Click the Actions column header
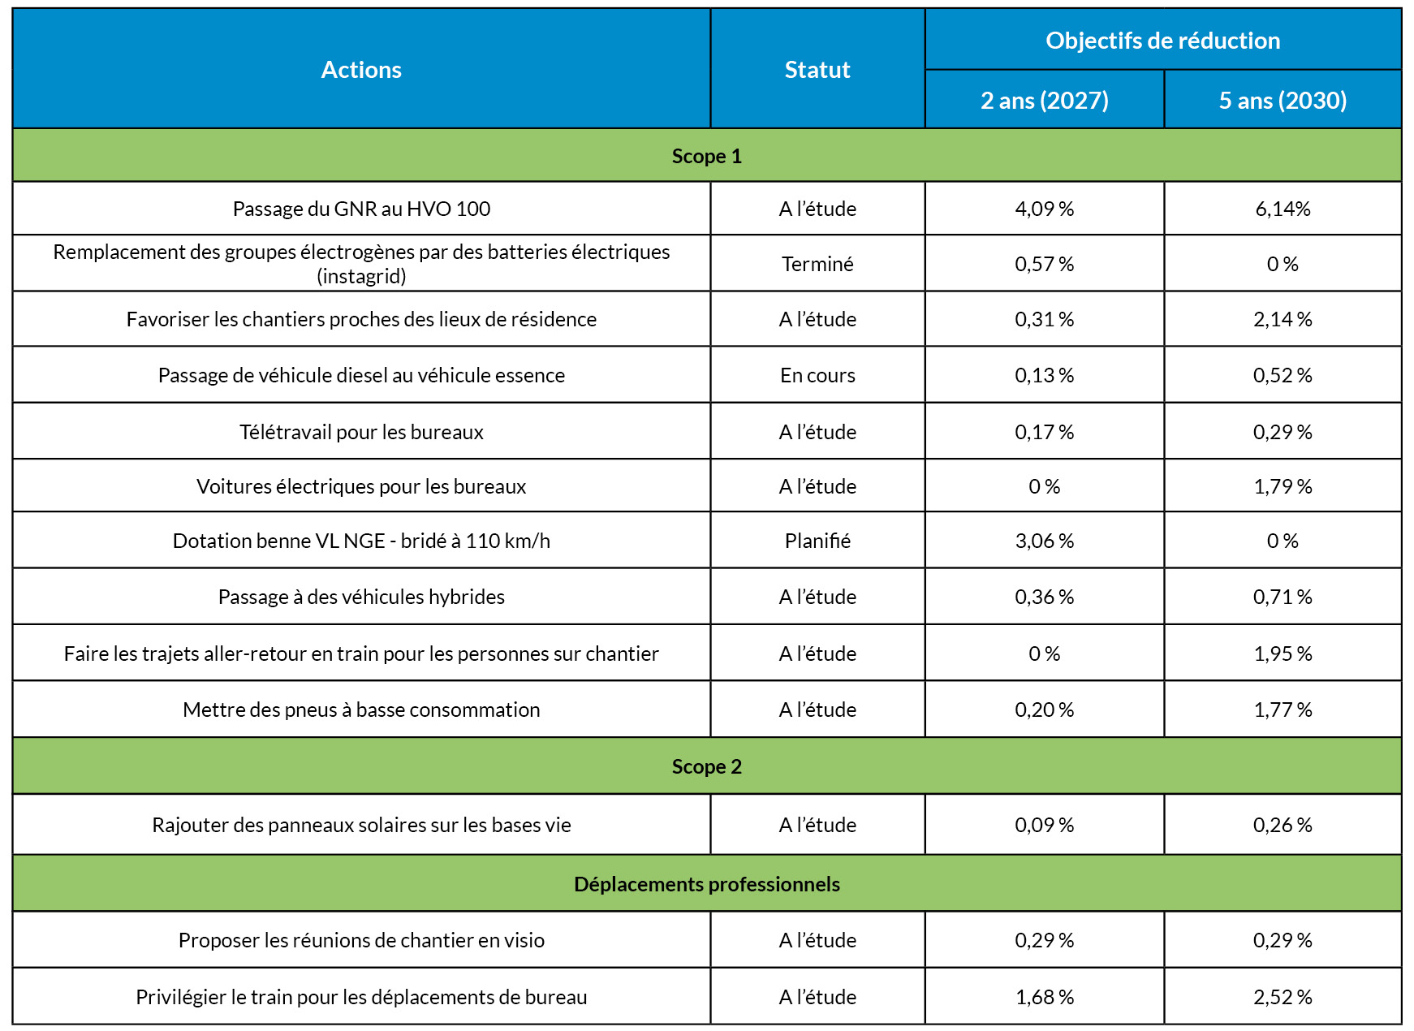click(x=361, y=70)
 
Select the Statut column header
click(x=817, y=70)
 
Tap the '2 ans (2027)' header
click(x=1044, y=100)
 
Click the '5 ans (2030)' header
click(x=1283, y=100)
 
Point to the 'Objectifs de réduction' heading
click(x=1162, y=40)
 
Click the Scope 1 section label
click(x=706, y=156)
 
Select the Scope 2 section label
click(x=706, y=766)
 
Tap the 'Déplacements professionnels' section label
click(x=706, y=884)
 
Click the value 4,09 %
click(x=1044, y=209)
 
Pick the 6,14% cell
click(x=1283, y=209)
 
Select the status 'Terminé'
click(x=817, y=264)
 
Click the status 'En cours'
click(x=817, y=375)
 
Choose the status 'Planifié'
click(x=817, y=541)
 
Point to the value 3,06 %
click(x=1044, y=541)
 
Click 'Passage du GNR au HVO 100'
click(x=361, y=209)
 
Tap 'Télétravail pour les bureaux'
click(x=361, y=432)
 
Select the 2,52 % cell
click(x=1283, y=997)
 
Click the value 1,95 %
click(x=1283, y=654)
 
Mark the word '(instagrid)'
click(x=361, y=277)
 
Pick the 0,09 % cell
click(x=1044, y=825)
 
